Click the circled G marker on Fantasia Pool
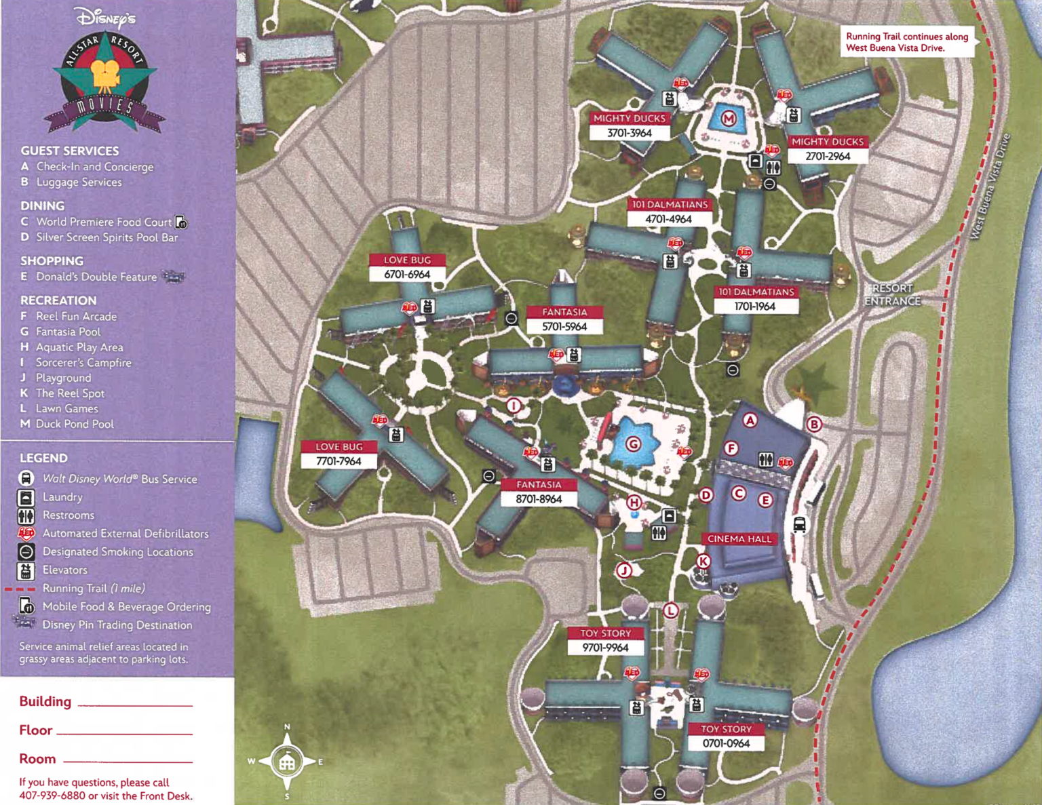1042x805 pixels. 633,444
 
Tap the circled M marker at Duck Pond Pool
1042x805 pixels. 728,119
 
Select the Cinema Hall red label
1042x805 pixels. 739,538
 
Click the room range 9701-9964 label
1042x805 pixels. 605,648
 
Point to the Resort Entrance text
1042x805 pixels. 892,294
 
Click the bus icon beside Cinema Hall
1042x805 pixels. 800,524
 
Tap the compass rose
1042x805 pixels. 287,762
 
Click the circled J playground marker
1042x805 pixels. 623,570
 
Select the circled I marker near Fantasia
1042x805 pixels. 514,406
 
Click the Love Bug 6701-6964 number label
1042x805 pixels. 407,274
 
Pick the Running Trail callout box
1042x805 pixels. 906,42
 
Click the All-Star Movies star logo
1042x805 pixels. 105,80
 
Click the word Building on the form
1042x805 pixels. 45,701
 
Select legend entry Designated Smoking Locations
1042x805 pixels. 117,552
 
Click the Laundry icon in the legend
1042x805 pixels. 26,497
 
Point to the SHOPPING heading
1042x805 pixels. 52,261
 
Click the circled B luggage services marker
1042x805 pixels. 814,425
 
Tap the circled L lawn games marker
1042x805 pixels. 670,610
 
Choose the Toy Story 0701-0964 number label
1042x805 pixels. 726,743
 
